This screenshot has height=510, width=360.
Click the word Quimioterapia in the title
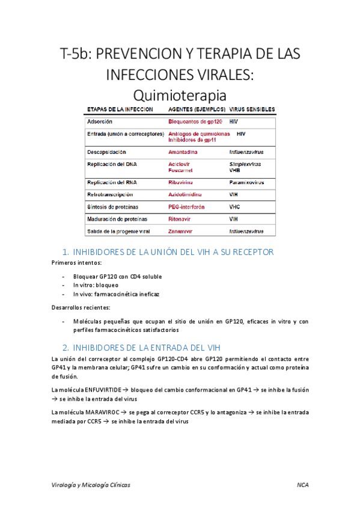(180, 95)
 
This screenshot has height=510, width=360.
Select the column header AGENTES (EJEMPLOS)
(197, 109)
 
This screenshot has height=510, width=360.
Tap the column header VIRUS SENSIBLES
(252, 109)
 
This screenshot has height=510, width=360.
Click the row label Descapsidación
(106, 152)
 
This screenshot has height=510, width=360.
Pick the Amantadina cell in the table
(183, 152)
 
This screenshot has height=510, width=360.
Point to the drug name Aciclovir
(180, 164)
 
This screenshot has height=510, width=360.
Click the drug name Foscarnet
(180, 170)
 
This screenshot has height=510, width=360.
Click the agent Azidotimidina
(185, 195)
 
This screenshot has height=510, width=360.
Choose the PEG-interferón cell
(186, 207)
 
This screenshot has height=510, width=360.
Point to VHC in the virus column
(234, 207)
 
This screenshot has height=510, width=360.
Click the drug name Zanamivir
(182, 231)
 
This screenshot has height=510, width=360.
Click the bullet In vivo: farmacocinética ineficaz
(116, 294)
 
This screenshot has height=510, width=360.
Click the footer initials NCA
(303, 485)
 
